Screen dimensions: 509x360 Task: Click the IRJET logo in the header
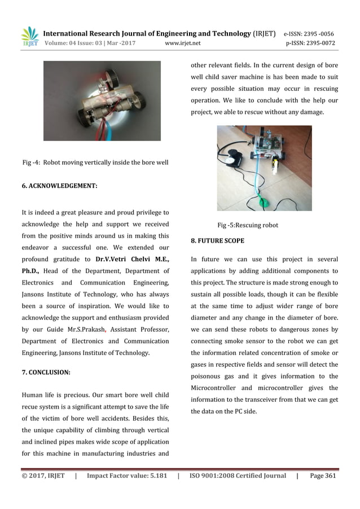[29, 37]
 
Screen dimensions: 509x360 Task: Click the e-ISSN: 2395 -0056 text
[309, 33]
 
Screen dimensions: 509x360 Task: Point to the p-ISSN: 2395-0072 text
[310, 43]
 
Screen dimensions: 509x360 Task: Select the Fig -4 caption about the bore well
[95, 163]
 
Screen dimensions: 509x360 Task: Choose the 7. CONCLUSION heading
[46, 372]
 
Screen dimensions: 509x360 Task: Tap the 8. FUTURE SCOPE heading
[217, 240]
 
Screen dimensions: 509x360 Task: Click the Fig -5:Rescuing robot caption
[248, 225]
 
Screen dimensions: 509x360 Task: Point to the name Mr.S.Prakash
[82, 329]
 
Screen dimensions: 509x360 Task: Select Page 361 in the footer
[323, 476]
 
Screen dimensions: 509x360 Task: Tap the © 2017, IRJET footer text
[43, 476]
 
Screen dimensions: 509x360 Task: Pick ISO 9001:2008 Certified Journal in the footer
[238, 476]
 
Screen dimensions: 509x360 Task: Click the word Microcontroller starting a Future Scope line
[215, 388]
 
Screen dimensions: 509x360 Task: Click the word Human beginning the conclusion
[32, 396]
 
